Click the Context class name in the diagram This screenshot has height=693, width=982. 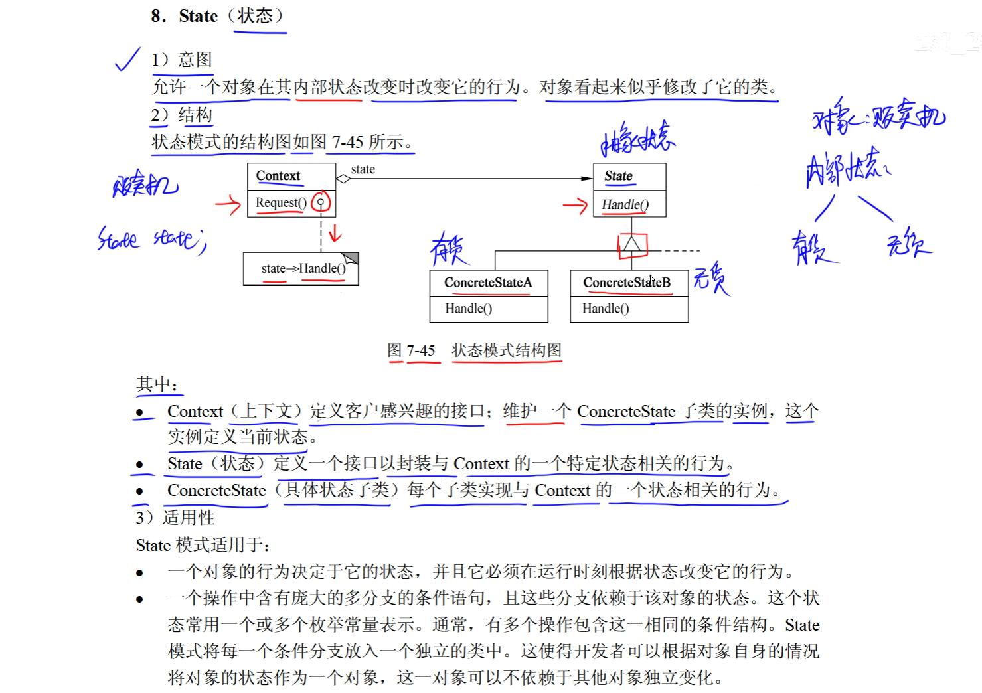point(278,176)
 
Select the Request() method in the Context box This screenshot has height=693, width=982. point(281,202)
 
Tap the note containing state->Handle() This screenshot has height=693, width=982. point(303,269)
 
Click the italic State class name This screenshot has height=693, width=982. point(618,176)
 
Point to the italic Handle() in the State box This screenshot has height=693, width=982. point(625,205)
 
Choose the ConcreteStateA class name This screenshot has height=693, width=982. point(488,283)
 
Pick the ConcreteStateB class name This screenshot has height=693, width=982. point(627,283)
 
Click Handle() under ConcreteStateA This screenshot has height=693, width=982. point(469,309)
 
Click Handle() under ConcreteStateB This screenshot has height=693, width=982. point(606,309)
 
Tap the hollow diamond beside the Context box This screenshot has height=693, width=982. point(343,179)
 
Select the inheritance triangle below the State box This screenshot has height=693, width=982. point(631,244)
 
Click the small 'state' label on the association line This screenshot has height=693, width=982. point(363,169)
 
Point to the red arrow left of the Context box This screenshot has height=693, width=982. point(228,204)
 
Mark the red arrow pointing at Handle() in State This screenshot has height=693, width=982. point(575,206)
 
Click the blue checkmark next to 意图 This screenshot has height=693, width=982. point(127,59)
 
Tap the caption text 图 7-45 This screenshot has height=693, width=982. point(411,350)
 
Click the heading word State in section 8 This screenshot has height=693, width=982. point(198,16)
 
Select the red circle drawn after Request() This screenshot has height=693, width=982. point(321,202)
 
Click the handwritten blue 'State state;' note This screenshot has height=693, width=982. point(152,240)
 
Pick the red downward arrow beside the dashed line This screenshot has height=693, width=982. point(335,233)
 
